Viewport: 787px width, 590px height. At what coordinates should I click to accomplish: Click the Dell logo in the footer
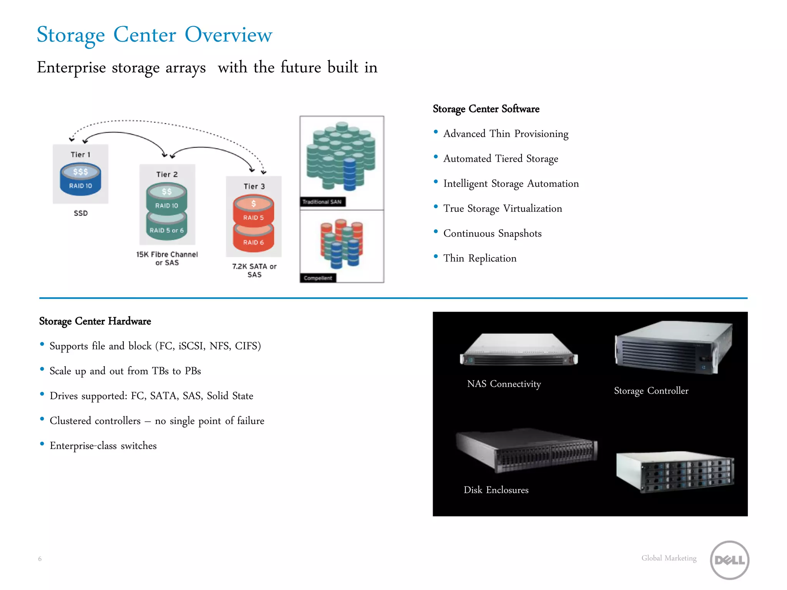[x=729, y=560]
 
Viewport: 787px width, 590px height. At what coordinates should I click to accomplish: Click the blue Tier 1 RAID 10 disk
[x=80, y=180]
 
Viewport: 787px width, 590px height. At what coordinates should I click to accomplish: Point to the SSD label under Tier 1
[x=81, y=213]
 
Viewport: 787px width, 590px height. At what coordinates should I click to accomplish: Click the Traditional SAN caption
[x=322, y=202]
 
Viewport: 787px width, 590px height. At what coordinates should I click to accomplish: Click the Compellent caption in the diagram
[x=317, y=278]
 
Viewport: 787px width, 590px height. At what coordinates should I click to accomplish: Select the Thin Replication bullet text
[x=480, y=258]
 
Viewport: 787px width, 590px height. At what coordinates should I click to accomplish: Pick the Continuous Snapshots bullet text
[x=492, y=233]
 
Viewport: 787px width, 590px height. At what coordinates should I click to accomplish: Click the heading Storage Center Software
[x=486, y=109]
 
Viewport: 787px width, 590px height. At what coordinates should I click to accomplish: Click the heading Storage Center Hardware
[x=95, y=321]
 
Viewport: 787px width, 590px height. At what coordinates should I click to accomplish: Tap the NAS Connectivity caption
[x=504, y=384]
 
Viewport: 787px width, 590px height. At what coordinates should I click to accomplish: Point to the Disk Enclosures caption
[x=496, y=490]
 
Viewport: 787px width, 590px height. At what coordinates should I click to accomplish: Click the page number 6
[x=40, y=559]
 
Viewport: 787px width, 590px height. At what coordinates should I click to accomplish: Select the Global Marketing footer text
[x=669, y=558]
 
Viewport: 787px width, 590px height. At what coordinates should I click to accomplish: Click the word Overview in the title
[x=228, y=35]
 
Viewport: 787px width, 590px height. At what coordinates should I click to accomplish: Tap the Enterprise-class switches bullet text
[x=103, y=446]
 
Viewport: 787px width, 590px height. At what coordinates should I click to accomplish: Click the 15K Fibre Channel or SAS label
[x=167, y=259]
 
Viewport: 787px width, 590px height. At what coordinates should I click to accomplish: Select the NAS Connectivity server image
[x=519, y=350]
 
